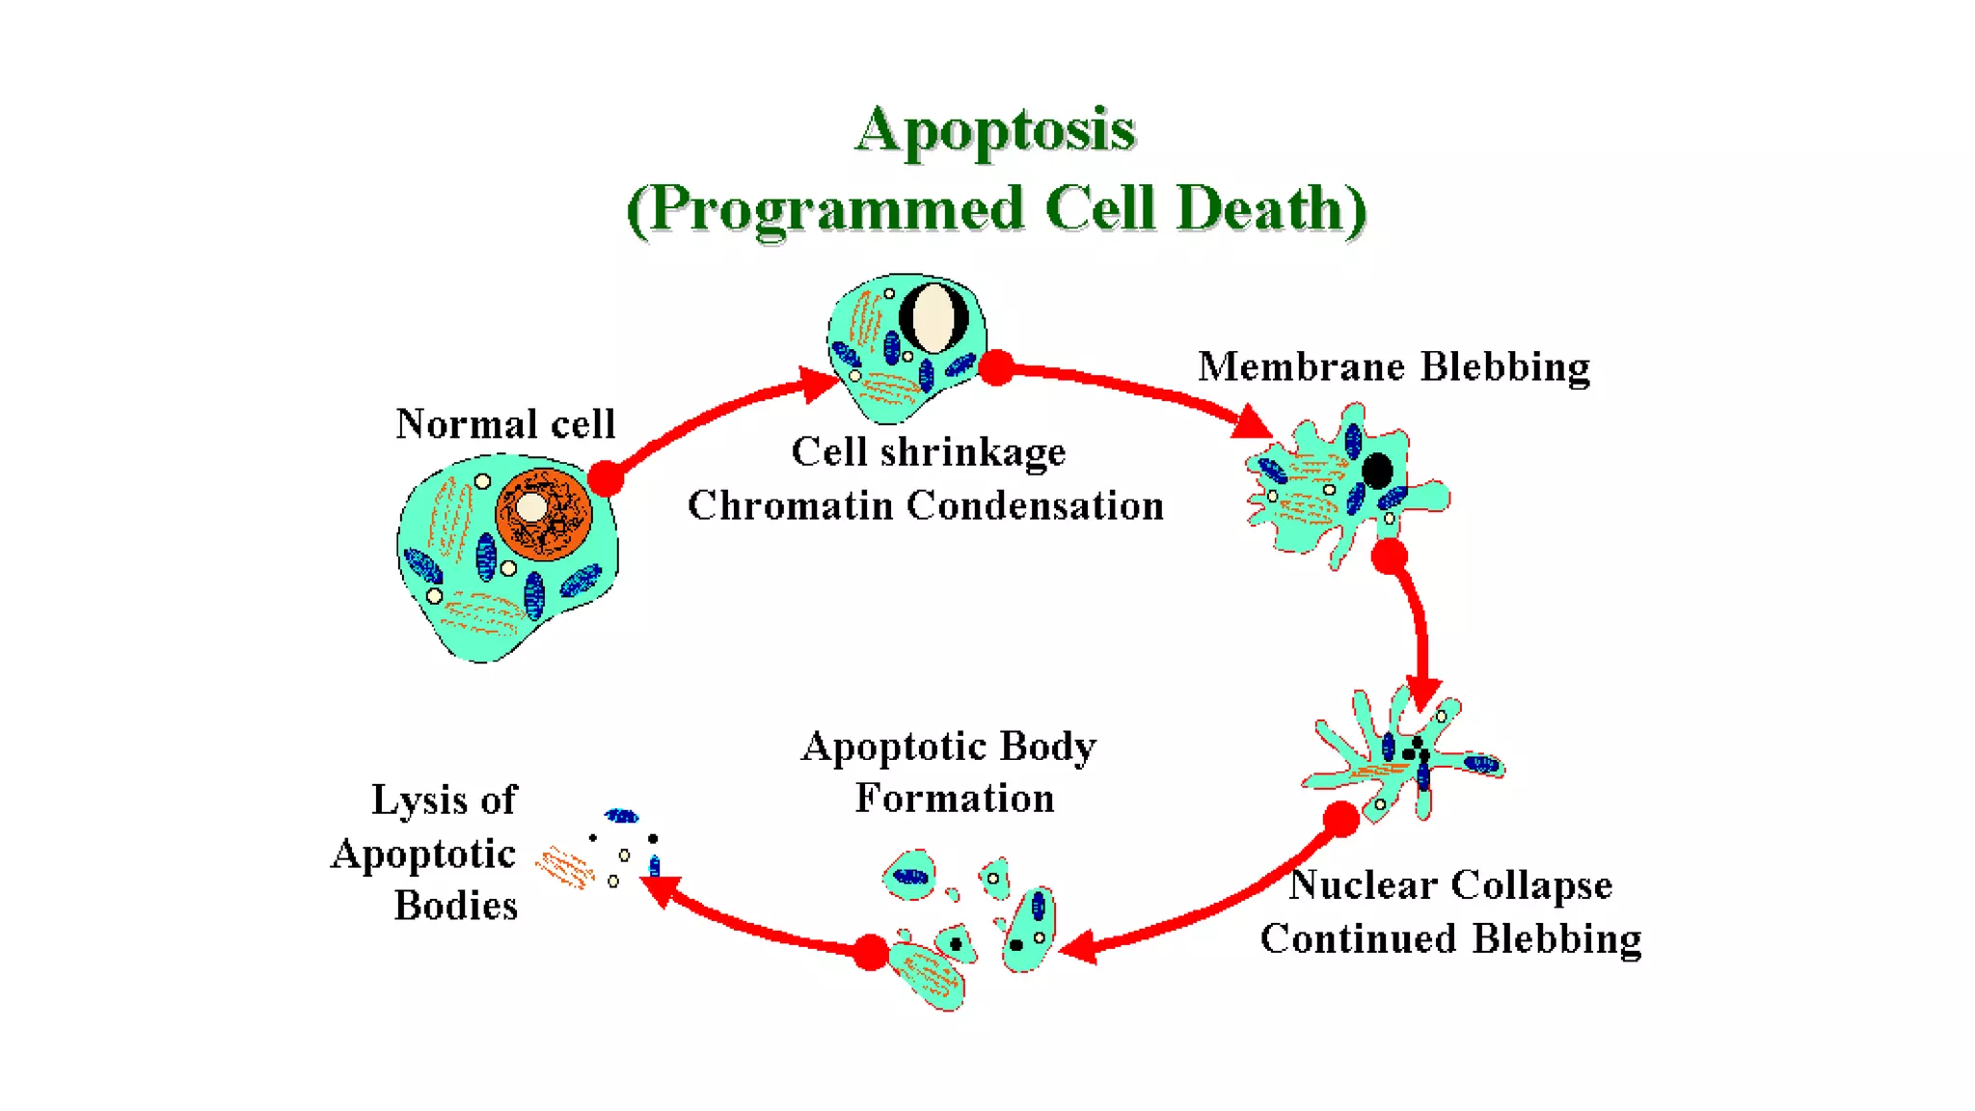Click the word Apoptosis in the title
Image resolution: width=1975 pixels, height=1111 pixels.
click(x=995, y=130)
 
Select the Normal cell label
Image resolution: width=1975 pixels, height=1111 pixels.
click(x=505, y=424)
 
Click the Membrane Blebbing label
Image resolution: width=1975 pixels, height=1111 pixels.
click(x=1393, y=367)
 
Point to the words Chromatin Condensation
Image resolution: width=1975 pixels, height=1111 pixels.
click(x=926, y=505)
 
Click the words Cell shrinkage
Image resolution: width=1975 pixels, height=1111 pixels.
click(x=928, y=451)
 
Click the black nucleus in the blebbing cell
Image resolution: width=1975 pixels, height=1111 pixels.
click(x=1376, y=471)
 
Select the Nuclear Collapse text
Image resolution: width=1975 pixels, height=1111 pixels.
click(x=1450, y=884)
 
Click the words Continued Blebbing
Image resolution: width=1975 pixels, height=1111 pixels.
click(x=1450, y=938)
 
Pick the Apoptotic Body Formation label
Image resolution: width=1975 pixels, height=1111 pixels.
click(x=950, y=772)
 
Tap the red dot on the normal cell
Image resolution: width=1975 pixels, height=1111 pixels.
click(x=606, y=477)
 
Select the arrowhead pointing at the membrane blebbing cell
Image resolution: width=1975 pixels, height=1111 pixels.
click(x=1252, y=422)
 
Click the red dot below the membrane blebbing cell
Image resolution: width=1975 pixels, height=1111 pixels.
click(x=1390, y=556)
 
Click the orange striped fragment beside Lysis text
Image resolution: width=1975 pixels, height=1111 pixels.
click(x=565, y=866)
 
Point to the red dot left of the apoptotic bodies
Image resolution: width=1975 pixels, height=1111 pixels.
click(x=871, y=952)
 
